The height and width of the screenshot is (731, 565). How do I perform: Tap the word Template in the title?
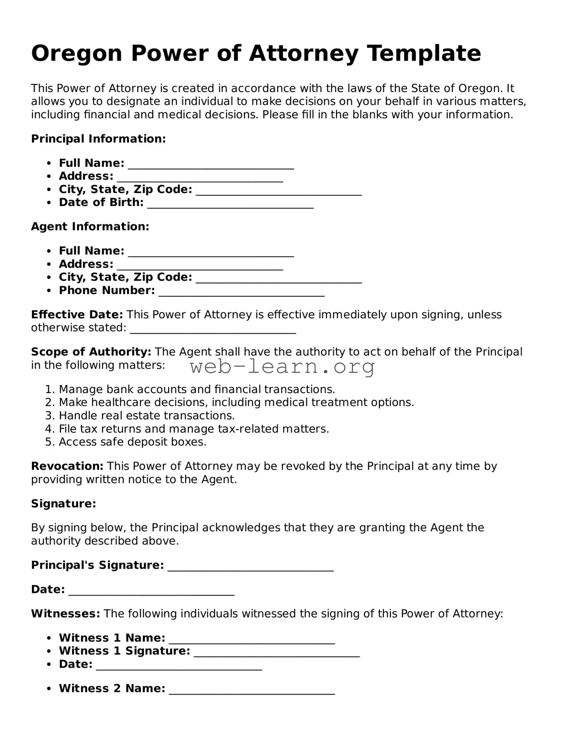coord(424,54)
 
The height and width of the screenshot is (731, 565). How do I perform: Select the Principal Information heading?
coord(98,139)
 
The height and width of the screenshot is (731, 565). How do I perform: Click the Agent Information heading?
coord(90,227)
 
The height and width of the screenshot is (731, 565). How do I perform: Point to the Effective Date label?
coord(77,315)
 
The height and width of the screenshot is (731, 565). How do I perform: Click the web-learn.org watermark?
coord(282,366)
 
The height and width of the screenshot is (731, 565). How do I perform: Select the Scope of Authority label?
coord(91,352)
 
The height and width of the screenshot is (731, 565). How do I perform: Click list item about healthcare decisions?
coord(236,403)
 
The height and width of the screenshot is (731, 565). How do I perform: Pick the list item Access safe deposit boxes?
coord(132,442)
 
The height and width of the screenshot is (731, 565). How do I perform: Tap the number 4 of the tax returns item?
coord(49,429)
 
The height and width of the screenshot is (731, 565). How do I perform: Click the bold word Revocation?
coord(67,467)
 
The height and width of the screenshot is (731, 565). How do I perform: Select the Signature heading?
coord(63,504)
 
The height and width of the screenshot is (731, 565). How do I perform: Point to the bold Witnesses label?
coord(65,614)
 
